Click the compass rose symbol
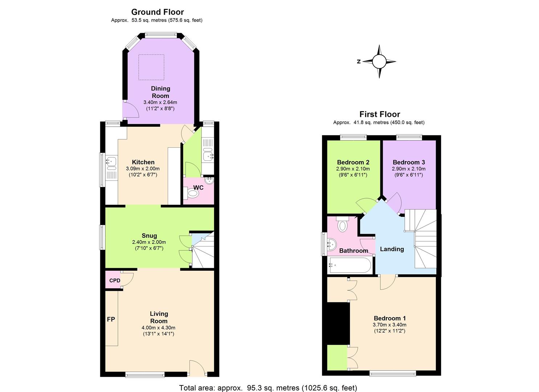(379, 62)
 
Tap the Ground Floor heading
(157, 12)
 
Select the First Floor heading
(379, 114)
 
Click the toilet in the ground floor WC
(192, 193)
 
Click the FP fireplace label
(111, 319)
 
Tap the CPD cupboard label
(115, 281)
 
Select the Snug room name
(149, 236)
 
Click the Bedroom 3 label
(408, 162)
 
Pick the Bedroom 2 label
(353, 162)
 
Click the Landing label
(392, 249)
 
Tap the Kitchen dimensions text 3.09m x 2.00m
(143, 169)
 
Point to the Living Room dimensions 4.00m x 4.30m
(158, 328)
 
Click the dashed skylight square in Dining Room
(151, 67)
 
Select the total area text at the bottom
(268, 388)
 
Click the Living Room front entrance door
(197, 367)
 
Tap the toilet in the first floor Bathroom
(342, 225)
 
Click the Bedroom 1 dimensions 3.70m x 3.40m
(389, 325)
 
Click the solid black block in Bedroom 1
(338, 323)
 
